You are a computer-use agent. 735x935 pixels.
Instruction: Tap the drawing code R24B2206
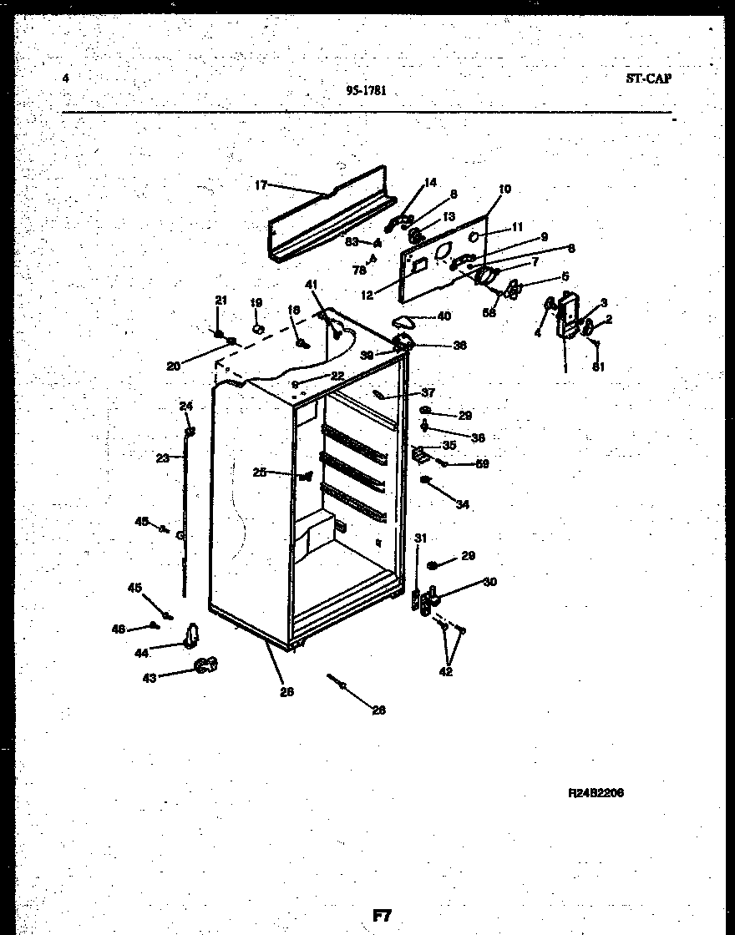596,792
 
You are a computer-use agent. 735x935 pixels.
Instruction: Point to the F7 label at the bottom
382,914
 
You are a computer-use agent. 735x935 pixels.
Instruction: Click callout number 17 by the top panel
260,185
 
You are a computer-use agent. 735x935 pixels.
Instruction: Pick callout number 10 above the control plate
504,190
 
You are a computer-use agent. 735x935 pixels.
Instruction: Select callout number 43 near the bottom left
150,677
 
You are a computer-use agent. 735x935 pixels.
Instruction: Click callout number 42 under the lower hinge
446,672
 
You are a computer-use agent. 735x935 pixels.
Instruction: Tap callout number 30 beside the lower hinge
489,582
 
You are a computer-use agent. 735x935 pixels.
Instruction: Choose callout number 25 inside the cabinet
260,473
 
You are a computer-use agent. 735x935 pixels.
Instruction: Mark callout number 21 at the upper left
220,301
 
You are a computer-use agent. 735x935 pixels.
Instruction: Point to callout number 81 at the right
598,366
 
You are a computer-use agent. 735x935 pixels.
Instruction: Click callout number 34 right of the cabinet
463,503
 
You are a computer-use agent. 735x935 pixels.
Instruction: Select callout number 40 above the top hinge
444,316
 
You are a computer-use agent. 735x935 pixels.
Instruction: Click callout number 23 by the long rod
162,457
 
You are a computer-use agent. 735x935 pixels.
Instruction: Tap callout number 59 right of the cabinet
482,464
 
